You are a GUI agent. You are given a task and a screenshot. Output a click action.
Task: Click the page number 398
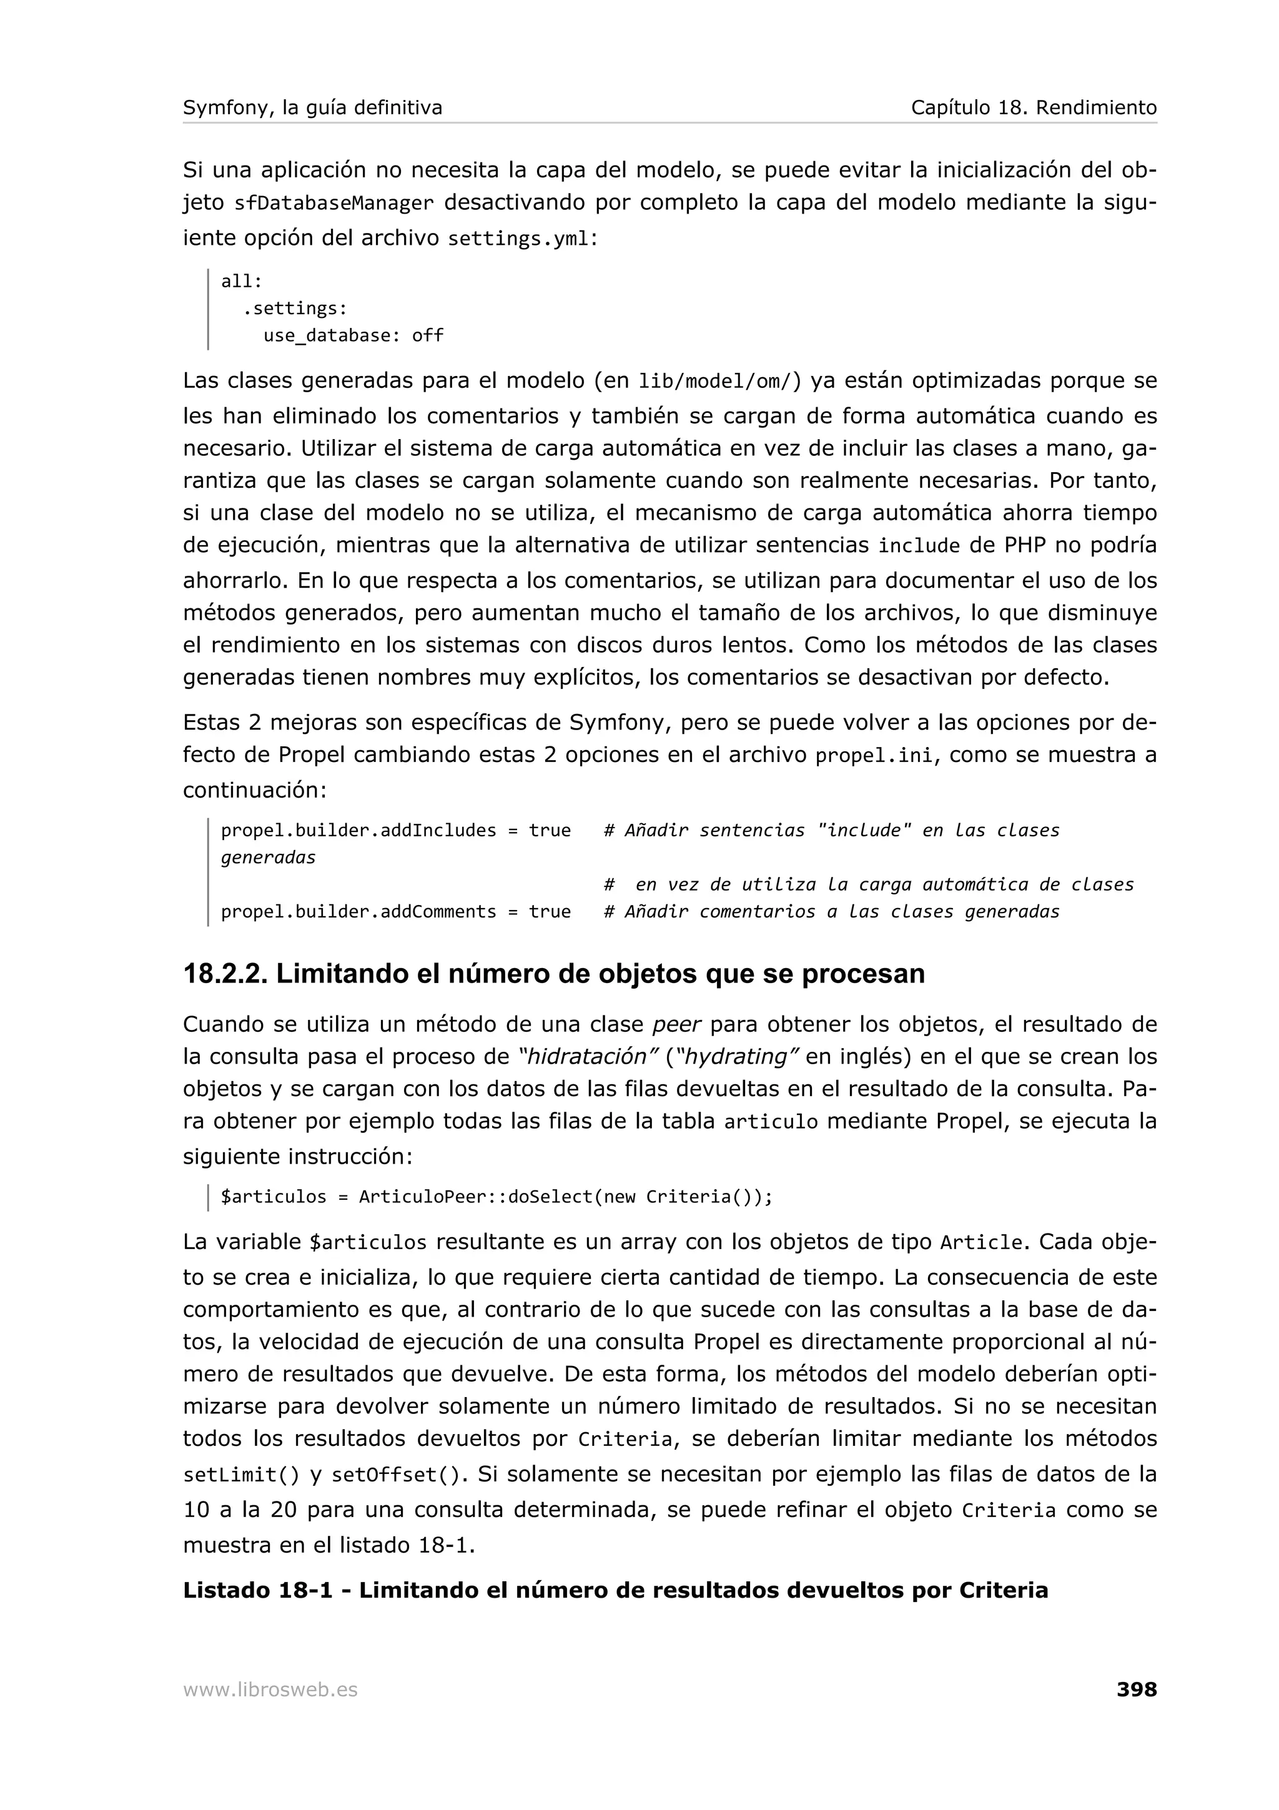coord(1137,1689)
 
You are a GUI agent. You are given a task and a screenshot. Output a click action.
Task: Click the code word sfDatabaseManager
coord(334,204)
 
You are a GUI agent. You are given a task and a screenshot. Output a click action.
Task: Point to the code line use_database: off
coord(353,336)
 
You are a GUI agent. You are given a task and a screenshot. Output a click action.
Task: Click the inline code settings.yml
coord(518,239)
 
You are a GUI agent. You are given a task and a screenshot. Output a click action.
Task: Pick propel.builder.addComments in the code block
coord(358,912)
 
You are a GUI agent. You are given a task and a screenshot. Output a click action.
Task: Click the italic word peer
coord(677,1025)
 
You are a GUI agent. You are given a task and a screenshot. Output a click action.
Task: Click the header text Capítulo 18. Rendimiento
coord(1033,108)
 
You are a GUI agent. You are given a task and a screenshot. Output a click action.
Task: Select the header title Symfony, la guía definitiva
coord(312,108)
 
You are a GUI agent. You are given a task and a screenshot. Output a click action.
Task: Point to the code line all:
coord(241,282)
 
